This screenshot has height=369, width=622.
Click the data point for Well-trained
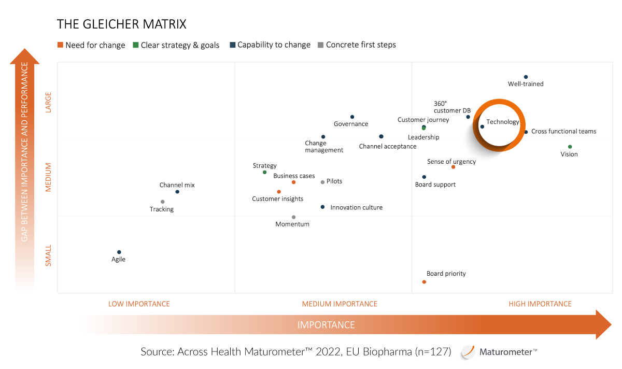point(526,77)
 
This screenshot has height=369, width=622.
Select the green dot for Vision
point(570,147)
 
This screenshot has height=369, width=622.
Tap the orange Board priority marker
point(424,282)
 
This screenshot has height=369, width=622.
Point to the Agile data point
point(119,252)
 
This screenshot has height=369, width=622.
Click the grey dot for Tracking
point(162,202)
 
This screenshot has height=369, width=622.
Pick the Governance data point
point(352,117)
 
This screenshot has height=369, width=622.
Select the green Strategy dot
point(264,172)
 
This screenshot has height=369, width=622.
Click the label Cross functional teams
point(563,132)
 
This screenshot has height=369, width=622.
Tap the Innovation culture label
point(356,208)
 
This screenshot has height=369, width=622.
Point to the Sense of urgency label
point(451,162)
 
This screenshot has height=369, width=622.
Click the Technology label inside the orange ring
point(502,122)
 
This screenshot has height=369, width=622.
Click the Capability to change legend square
point(233,45)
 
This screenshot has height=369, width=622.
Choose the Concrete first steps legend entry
point(361,45)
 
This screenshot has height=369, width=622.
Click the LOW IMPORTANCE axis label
point(139,304)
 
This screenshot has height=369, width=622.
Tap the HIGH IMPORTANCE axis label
point(540,304)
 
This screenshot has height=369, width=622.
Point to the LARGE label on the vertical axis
point(49,103)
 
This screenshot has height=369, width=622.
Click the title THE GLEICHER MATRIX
point(121,24)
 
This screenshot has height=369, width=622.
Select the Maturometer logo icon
point(468,352)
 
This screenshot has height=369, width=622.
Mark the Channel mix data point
point(177,192)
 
